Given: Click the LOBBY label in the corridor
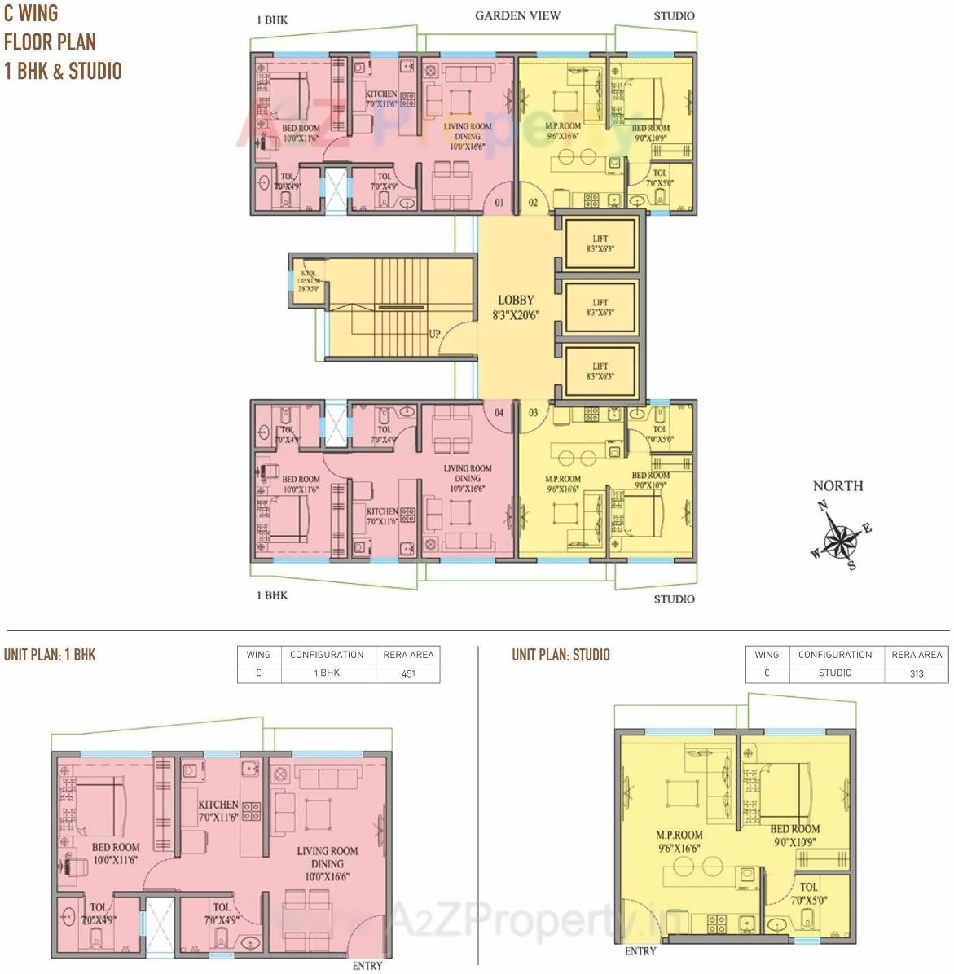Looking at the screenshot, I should point(516,301).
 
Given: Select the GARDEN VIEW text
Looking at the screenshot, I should point(517,15).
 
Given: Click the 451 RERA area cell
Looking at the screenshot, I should point(407,673).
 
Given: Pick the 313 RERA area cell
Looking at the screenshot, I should point(917,673).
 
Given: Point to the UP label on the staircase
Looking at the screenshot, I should point(436,334).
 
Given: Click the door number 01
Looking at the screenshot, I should point(499,202).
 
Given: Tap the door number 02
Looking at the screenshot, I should point(533,202).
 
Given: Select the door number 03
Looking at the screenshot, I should point(533,412).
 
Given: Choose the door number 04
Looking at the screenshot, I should point(499,412).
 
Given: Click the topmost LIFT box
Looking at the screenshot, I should point(600,243).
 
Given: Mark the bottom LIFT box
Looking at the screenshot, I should point(600,371).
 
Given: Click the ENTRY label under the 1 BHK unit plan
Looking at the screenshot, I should point(367,966).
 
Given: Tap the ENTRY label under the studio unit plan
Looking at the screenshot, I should point(640,951).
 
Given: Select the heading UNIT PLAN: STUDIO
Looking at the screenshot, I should point(561,655).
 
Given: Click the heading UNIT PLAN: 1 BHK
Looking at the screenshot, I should point(50,655).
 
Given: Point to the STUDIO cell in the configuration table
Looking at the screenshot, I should point(835,673).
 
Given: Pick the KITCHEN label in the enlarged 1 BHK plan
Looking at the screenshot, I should point(218,805).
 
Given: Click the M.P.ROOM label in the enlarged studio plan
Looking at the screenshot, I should point(679,835).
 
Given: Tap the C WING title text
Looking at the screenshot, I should point(31,14).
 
